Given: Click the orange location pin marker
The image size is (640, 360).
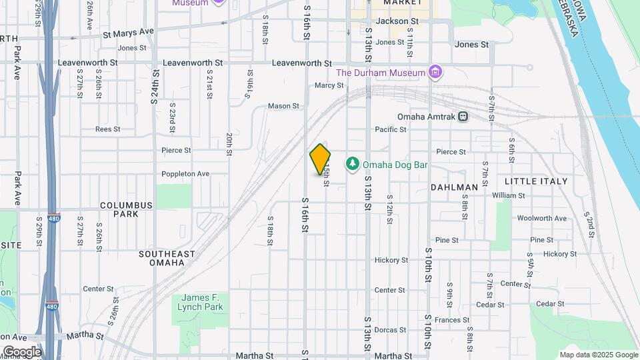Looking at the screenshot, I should point(320,159).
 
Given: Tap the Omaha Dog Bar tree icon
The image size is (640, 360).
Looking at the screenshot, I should point(352,164).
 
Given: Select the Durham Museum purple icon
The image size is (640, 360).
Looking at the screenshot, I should point(435,72).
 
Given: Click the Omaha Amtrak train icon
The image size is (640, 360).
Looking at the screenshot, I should point(463,117).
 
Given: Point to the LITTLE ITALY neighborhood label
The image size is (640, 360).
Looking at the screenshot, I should point(536,181).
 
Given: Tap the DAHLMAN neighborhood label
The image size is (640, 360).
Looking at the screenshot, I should point(454,187).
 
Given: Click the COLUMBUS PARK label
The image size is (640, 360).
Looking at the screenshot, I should point(119,209).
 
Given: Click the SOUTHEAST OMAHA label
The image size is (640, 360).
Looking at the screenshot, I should point(167,258).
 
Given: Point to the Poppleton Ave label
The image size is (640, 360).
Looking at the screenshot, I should point(185,174).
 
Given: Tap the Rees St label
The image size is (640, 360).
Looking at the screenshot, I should point(107,129).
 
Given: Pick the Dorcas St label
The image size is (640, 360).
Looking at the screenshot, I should point(390,330).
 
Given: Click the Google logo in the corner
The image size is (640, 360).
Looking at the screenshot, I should point(22,351).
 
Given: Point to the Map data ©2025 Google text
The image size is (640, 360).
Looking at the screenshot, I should point(598,355).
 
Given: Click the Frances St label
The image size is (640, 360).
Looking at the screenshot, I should point(447,320).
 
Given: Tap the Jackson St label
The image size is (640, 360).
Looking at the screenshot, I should point(397,21).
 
